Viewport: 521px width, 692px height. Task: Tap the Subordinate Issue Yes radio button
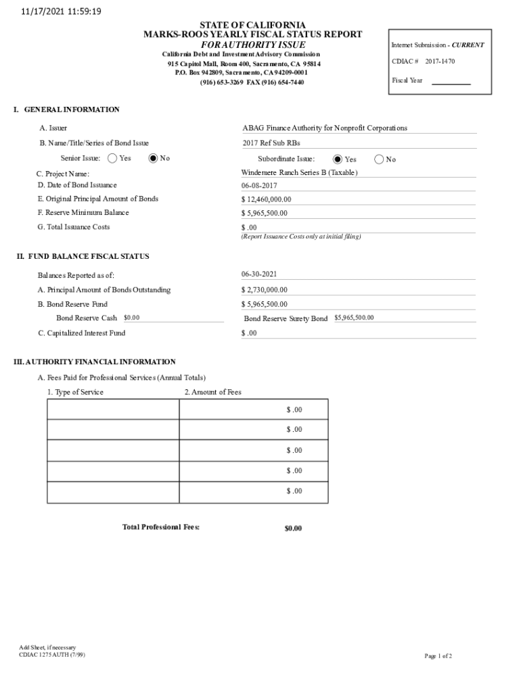pyautogui.click(x=338, y=159)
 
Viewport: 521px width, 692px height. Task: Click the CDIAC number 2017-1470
pyautogui.click(x=440, y=61)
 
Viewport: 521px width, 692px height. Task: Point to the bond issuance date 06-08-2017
pyautogui.click(x=259, y=186)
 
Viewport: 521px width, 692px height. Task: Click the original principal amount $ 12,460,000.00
pyautogui.click(x=266, y=200)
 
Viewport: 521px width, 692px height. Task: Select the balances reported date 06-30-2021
pyautogui.click(x=259, y=274)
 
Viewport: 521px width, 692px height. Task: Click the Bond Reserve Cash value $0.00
pyautogui.click(x=131, y=318)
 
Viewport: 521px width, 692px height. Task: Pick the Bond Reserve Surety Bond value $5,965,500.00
pyautogui.click(x=354, y=318)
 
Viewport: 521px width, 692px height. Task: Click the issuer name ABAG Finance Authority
pyautogui.click(x=325, y=128)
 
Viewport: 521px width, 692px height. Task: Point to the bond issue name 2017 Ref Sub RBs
pyautogui.click(x=271, y=143)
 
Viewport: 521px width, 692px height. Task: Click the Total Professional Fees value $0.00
pyautogui.click(x=293, y=528)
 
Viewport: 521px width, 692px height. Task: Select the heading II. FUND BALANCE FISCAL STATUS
pyautogui.click(x=83, y=257)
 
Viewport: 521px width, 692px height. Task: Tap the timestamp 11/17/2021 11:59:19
pyautogui.click(x=56, y=11)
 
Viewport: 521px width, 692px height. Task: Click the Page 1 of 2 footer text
pyautogui.click(x=438, y=656)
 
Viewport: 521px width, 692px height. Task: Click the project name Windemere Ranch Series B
pyautogui.click(x=299, y=173)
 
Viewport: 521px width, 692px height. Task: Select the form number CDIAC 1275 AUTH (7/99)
pyautogui.click(x=52, y=654)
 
